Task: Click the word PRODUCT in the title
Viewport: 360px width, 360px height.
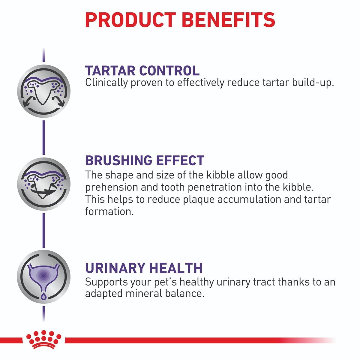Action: point(130,20)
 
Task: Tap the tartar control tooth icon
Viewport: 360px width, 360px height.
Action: point(44,91)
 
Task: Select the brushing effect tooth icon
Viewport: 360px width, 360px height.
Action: point(44,184)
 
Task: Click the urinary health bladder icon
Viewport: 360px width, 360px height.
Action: point(44,277)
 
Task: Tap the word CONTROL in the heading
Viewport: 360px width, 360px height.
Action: point(169,70)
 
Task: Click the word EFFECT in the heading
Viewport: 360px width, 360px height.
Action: point(180,160)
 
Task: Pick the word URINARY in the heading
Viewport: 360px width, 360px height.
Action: point(115,268)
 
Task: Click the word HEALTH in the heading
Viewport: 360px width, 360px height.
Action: point(176,268)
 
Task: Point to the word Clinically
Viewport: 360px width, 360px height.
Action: point(106,83)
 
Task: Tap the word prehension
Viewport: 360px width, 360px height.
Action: point(111,187)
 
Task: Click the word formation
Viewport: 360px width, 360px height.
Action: point(109,211)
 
